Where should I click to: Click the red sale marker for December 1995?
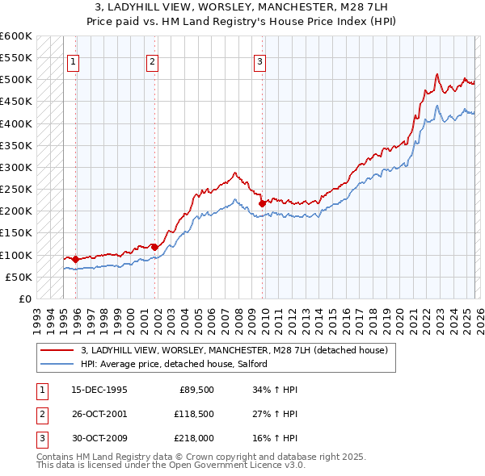coord(75,260)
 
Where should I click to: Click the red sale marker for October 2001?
coord(154,247)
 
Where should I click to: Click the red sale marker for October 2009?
coord(261,203)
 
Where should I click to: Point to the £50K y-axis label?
coord(19,278)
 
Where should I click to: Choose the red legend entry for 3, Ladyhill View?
coord(234,350)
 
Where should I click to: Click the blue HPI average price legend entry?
coord(178,365)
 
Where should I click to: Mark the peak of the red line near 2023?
coord(436,74)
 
